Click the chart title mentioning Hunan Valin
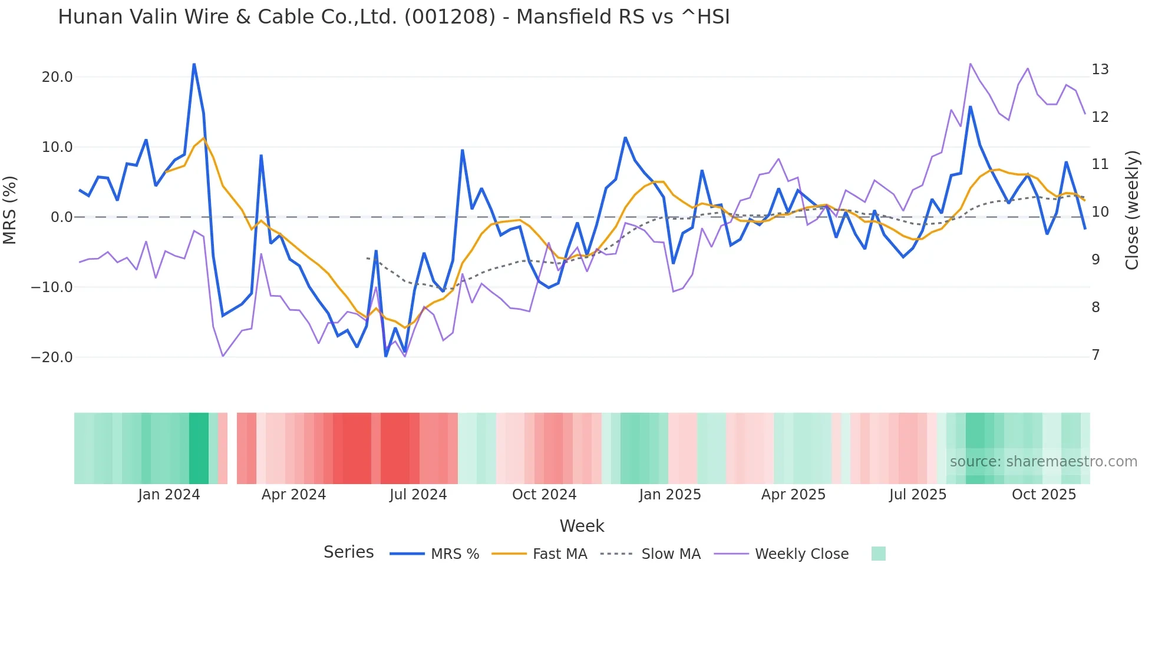394,17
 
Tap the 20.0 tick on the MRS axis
57,77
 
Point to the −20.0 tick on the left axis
52,357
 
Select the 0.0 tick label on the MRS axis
61,217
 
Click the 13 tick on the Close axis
1100,69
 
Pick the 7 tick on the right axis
1095,355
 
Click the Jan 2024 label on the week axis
169,495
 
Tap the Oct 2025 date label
1044,495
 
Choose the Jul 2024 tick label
418,495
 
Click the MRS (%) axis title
10,210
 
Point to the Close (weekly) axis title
1132,210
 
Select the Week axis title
582,526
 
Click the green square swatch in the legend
878,554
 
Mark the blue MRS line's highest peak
194,64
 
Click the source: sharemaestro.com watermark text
1043,462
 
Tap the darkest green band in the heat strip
199,448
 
